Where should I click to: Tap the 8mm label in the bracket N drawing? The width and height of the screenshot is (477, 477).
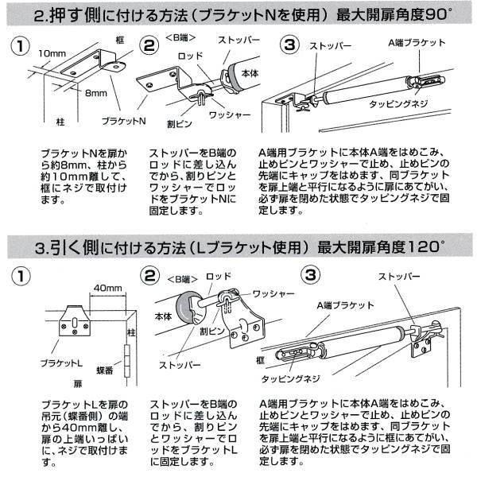(98, 92)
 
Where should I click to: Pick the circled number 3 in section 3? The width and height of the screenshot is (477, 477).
(312, 275)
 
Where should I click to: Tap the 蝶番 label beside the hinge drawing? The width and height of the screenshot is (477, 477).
(104, 370)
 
